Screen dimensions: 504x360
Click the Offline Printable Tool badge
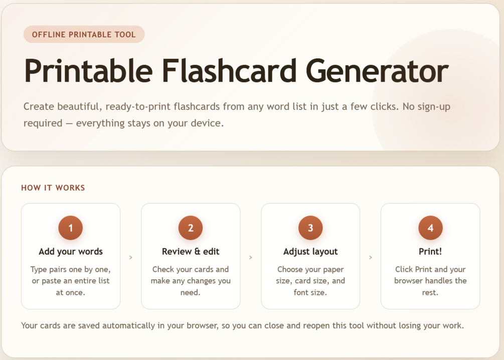[84, 35]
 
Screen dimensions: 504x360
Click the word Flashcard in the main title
[229, 71]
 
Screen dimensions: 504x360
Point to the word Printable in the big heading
[88, 71]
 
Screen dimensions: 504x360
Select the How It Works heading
[53, 188]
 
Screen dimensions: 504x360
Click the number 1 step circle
[70, 228]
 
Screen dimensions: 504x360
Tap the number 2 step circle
[191, 228]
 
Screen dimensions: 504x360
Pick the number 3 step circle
[310, 228]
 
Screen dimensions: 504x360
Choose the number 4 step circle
[430, 228]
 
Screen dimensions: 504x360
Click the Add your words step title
[71, 251]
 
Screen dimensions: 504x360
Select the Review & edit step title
[191, 251]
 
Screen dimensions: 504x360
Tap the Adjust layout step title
[310, 251]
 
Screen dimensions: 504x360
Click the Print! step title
[430, 251]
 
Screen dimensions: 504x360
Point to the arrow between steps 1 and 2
[131, 257]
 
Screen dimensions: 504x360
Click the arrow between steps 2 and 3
[251, 257]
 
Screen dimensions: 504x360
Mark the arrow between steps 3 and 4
[371, 257]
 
